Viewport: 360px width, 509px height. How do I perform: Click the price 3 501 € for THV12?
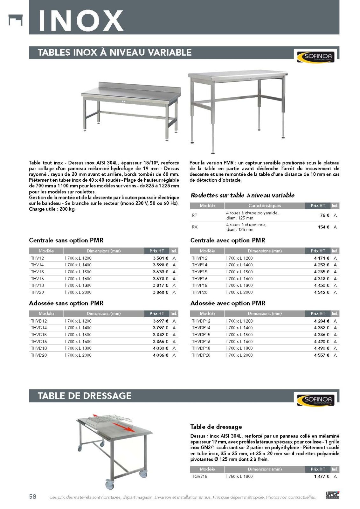point(160,258)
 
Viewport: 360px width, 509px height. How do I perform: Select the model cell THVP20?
point(200,292)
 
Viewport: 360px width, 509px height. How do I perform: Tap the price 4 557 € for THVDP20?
point(322,355)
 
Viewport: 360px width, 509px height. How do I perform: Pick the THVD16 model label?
point(39,341)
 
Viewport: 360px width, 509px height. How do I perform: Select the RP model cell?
point(195,215)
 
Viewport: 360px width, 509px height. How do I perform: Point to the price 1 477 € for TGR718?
point(322,476)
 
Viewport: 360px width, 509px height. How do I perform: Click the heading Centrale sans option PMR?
point(66,240)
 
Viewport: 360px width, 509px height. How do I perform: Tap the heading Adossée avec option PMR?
point(228,303)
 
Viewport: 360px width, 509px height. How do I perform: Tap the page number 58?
point(33,496)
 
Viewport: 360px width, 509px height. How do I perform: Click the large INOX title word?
point(81,20)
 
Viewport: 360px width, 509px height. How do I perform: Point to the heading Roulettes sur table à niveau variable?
point(243,195)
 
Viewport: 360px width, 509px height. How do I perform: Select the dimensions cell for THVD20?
point(78,355)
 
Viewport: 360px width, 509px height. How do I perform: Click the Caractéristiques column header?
point(265,206)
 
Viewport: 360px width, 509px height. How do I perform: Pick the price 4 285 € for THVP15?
point(322,272)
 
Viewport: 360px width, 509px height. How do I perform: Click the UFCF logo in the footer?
point(332,495)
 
